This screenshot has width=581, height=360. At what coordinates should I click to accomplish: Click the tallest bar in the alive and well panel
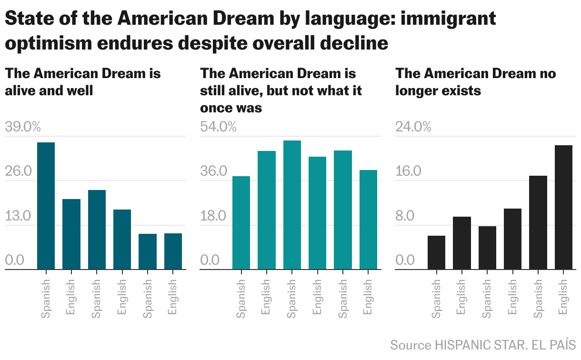[x=46, y=206]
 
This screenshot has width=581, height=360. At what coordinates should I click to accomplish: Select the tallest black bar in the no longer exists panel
[x=563, y=207]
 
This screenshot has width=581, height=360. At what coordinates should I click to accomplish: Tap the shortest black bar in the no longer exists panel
[x=436, y=252]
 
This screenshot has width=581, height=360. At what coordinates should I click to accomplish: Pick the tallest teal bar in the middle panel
[x=292, y=205]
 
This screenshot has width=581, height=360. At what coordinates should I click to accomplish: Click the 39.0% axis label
[x=23, y=127]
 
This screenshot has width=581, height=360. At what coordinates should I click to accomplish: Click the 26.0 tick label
[x=18, y=171]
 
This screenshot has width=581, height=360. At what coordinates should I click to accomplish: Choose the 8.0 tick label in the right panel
[x=406, y=216]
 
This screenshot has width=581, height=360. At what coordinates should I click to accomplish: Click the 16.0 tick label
[x=408, y=171]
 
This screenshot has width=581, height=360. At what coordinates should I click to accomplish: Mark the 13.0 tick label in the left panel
[x=18, y=216]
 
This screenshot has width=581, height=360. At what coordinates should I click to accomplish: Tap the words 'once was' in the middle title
[x=231, y=108]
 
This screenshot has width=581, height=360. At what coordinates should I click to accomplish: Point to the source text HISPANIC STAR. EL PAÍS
[x=505, y=345]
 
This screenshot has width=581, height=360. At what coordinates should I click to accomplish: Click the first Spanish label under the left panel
[x=46, y=299]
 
